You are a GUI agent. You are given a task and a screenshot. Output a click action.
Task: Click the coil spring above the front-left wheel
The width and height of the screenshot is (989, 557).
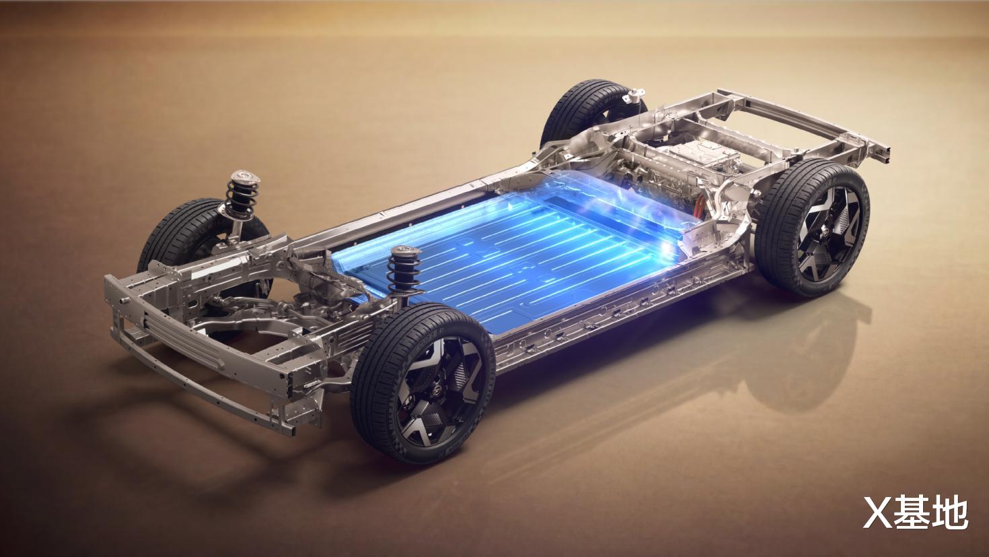242,197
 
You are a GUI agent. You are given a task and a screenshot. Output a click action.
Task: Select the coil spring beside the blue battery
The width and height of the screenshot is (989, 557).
404,273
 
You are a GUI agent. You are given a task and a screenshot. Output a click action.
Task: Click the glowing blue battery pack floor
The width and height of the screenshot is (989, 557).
508,257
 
